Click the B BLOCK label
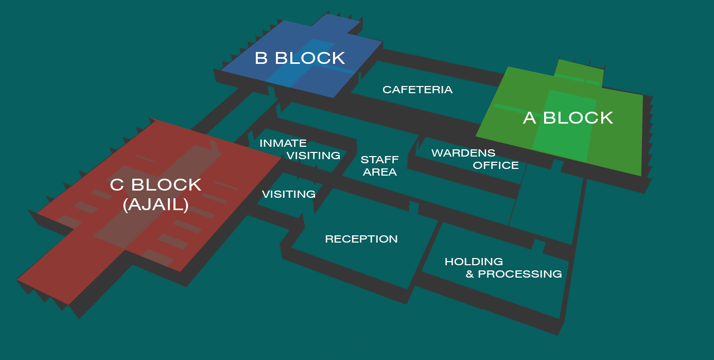[300, 58]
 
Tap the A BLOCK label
[568, 118]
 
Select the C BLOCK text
[155, 185]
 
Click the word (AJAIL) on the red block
[155, 205]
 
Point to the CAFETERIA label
[417, 90]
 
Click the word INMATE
[283, 143]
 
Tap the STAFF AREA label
[379, 166]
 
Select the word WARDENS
[463, 153]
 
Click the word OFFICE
[496, 165]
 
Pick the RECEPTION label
[361, 239]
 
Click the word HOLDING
[474, 262]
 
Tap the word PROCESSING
[520, 274]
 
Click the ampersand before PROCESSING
[469, 274]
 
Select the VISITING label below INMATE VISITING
[288, 194]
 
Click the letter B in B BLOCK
[261, 58]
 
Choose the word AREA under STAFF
[379, 172]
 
